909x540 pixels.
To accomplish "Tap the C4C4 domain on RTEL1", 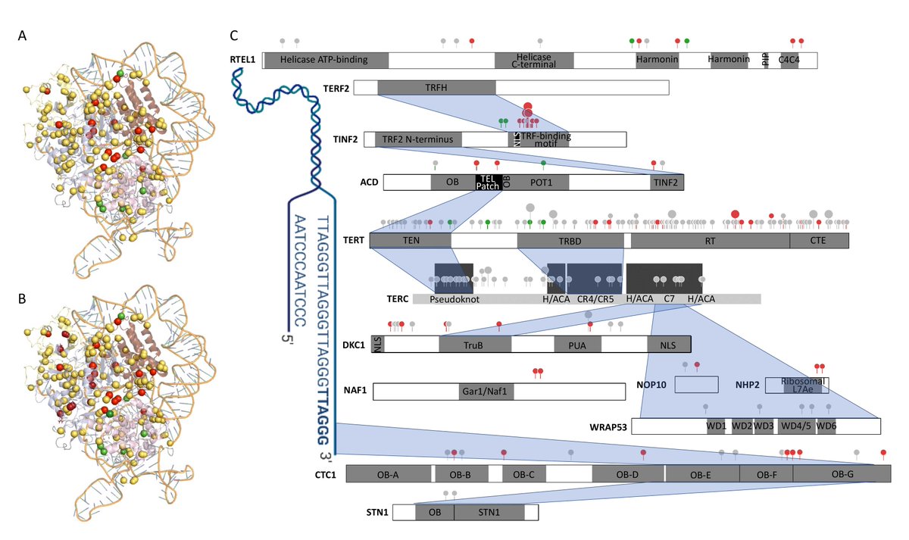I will pyautogui.click(x=789, y=61).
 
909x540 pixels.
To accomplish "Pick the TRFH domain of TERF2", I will pyautogui.click(x=436, y=87).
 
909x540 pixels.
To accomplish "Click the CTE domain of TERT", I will pyautogui.click(x=818, y=241).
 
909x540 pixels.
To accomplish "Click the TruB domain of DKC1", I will pyautogui.click(x=474, y=344).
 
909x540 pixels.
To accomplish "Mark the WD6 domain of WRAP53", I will pyautogui.click(x=826, y=426).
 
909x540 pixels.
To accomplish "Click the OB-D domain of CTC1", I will pyautogui.click(x=627, y=474).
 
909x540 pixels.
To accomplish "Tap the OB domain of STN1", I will pyautogui.click(x=435, y=513).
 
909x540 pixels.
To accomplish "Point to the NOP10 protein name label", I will pyautogui.click(x=651, y=385).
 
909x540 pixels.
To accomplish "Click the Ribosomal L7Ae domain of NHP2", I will pyautogui.click(x=797, y=385).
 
